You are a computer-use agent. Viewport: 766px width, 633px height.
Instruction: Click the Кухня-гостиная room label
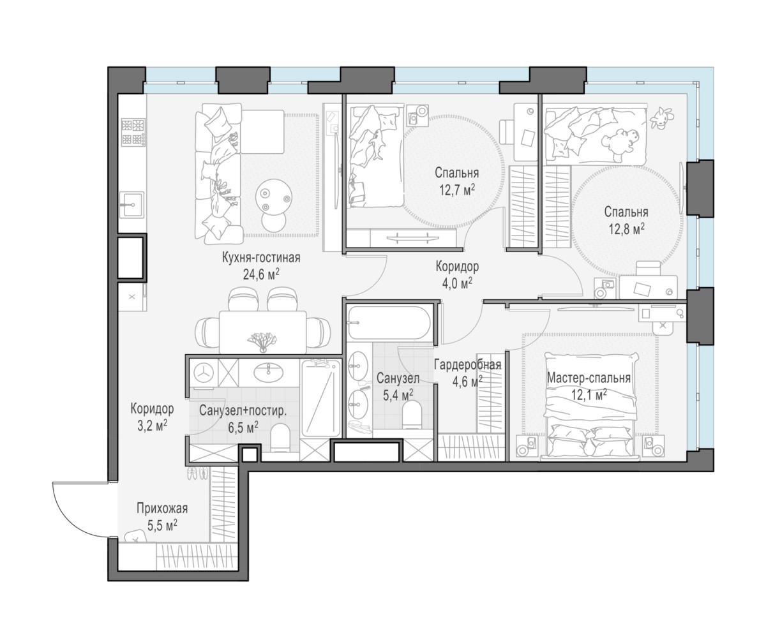pyautogui.click(x=261, y=258)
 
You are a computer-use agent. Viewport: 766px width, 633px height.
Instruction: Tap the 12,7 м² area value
pyautogui.click(x=457, y=190)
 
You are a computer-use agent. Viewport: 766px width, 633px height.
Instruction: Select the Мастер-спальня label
pyautogui.click(x=589, y=378)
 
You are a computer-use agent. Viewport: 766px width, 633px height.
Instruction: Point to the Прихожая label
pyautogui.click(x=162, y=509)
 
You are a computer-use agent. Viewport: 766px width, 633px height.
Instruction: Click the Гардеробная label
pyautogui.click(x=467, y=365)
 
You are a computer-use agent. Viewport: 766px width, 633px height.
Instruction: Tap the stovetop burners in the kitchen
pyautogui.click(x=133, y=131)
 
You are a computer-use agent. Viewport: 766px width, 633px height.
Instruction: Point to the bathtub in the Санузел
pyautogui.click(x=389, y=323)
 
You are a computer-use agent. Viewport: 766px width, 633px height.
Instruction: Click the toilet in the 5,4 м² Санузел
pyautogui.click(x=412, y=414)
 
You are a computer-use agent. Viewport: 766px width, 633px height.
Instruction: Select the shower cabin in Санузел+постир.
pyautogui.click(x=320, y=398)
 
